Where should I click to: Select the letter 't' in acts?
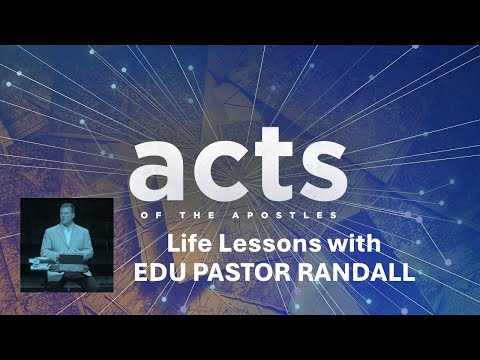click(x=267, y=165)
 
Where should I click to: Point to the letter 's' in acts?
click(x=319, y=169)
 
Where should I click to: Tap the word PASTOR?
click(x=251, y=272)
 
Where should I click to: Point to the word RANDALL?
click(x=361, y=272)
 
